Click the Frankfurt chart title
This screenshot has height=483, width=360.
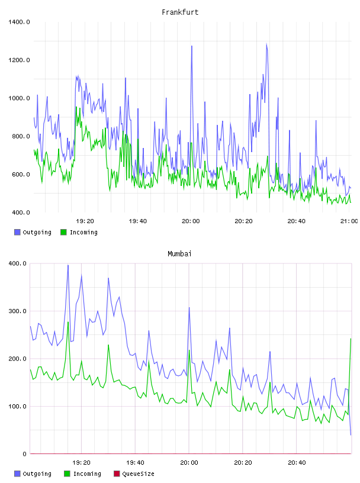point(180,12)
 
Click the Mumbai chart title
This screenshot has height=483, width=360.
point(179,254)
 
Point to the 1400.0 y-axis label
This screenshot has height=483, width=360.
point(19,22)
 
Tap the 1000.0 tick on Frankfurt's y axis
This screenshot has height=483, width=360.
point(19,98)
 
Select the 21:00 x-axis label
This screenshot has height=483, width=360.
point(349,221)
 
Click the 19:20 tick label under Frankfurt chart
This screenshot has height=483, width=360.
point(85,221)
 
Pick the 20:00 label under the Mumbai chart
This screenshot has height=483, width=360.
point(189,463)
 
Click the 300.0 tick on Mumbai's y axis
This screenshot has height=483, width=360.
point(17,311)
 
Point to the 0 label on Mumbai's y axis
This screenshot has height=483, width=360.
point(25,454)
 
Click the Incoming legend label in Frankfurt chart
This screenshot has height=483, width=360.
point(83,232)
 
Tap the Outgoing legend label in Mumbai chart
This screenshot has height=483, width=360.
point(37,474)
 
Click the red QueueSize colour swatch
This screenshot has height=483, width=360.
point(117,474)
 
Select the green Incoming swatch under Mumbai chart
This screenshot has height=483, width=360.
point(67,474)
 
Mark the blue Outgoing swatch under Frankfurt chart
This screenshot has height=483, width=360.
point(17,232)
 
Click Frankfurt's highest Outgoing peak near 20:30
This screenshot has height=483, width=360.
point(266,44)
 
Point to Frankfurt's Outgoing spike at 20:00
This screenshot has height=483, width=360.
point(192,46)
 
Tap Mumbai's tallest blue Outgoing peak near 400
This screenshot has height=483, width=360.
point(68,265)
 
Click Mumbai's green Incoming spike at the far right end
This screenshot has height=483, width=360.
point(351,339)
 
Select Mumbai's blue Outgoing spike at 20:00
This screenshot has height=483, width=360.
point(189,307)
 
